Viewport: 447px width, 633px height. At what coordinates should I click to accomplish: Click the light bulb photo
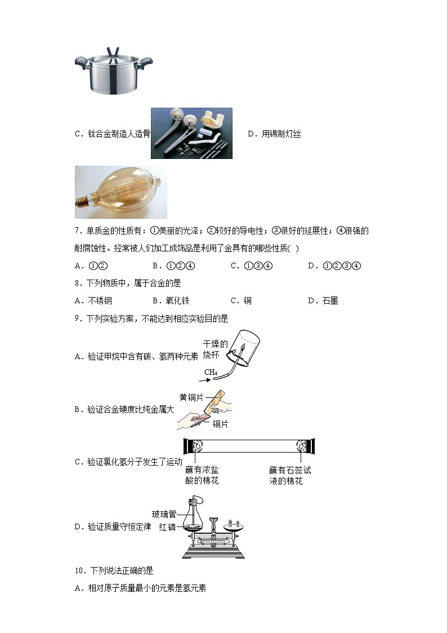click(x=120, y=192)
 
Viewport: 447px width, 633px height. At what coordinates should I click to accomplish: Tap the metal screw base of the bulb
click(x=84, y=200)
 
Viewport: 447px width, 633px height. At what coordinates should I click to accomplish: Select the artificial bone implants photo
click(x=191, y=133)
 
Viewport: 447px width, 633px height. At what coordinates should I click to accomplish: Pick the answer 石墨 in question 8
click(x=330, y=300)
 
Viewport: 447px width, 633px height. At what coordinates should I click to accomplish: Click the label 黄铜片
click(x=191, y=397)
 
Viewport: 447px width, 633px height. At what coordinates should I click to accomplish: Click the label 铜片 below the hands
click(x=221, y=424)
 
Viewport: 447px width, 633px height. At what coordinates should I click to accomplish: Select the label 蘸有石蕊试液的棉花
click(x=290, y=475)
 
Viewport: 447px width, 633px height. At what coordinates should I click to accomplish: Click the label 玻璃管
click(x=164, y=514)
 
